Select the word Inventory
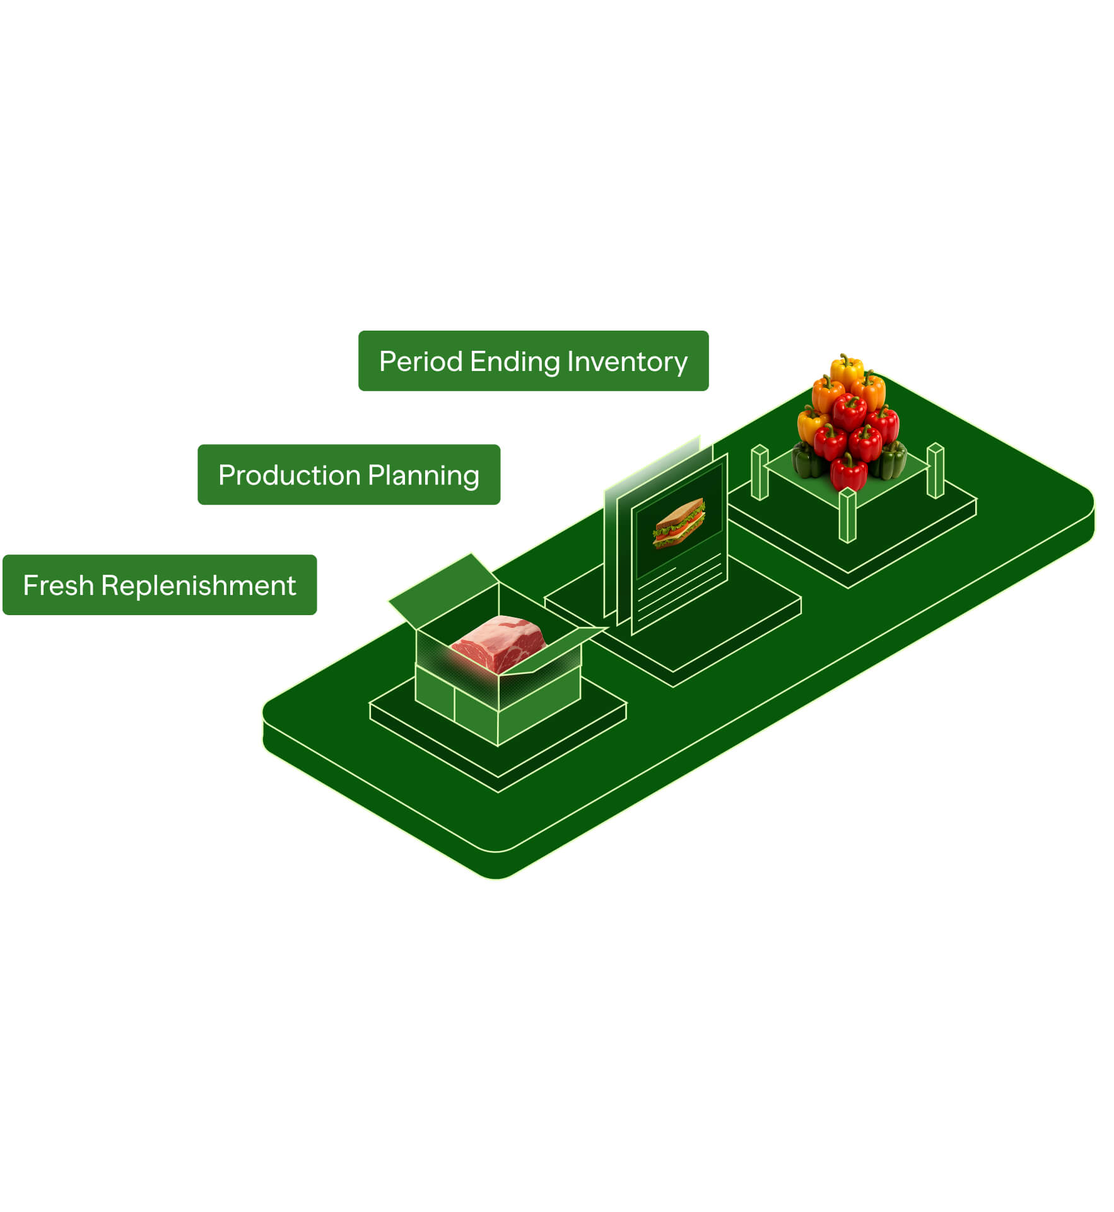[x=626, y=362]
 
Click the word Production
[x=289, y=476]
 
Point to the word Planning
[x=423, y=476]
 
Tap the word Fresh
[x=58, y=586]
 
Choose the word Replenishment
[x=198, y=586]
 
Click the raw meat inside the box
[x=498, y=644]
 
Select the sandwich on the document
[x=679, y=524]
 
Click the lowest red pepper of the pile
[x=848, y=472]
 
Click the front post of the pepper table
[x=847, y=516]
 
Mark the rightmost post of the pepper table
[x=935, y=471]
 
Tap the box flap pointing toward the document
[x=558, y=650]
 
